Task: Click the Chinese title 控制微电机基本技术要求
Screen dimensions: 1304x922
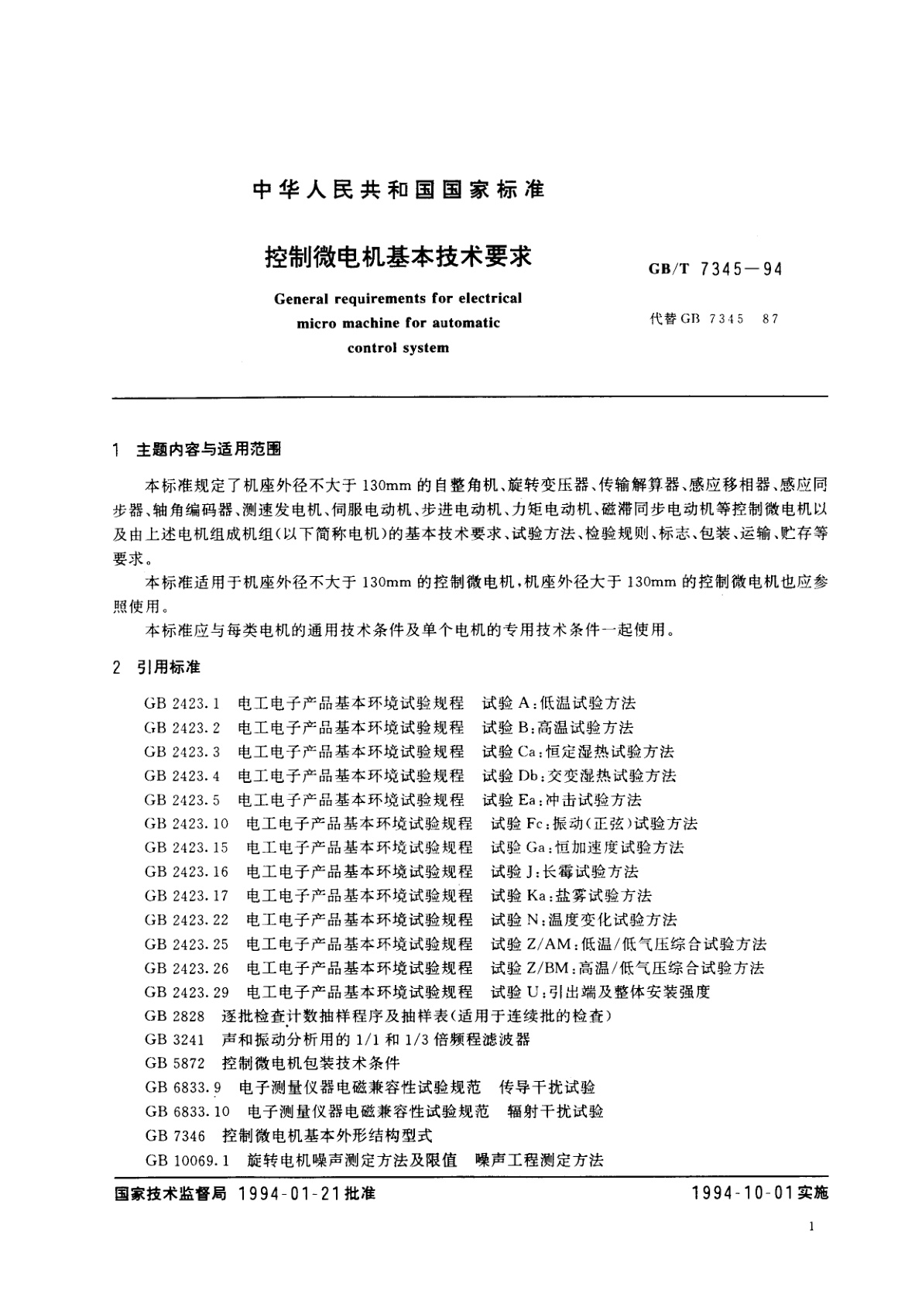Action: tap(398, 256)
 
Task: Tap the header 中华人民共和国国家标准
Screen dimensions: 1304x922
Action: tap(399, 190)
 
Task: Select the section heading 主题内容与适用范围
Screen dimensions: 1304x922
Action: tap(208, 449)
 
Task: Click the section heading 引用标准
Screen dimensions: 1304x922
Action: tap(168, 667)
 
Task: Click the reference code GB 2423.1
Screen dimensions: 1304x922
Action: tap(183, 704)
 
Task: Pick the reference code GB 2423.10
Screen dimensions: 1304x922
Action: tap(187, 824)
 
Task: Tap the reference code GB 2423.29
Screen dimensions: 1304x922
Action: tap(187, 992)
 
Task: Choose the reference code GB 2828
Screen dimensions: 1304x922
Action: tap(175, 1016)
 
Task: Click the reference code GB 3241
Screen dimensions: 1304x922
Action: tap(175, 1040)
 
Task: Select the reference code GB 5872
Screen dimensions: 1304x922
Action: tap(175, 1064)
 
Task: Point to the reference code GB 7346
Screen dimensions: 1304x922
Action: tap(175, 1136)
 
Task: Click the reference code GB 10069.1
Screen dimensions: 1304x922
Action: tap(187, 1160)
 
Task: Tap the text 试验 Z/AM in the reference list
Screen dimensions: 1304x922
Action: tap(531, 944)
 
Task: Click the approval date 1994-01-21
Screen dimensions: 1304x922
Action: tap(285, 1193)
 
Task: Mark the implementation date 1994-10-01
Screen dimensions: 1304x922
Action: tap(744, 1193)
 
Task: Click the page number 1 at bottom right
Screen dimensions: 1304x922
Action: tap(810, 1227)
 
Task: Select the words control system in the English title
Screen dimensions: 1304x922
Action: tap(398, 348)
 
